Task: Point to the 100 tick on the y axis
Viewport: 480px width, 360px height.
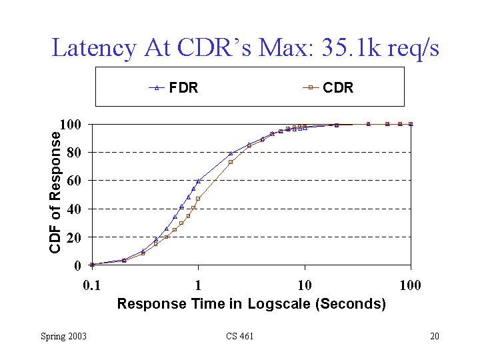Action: (x=71, y=124)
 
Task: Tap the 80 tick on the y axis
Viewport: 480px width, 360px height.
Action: (x=73, y=152)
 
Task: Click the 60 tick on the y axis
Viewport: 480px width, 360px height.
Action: (x=73, y=181)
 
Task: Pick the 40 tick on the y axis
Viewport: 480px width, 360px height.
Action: (x=73, y=209)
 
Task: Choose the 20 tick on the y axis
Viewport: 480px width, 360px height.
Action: (x=73, y=237)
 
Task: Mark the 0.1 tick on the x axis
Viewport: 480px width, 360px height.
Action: (x=91, y=285)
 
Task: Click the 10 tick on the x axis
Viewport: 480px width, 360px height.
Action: (x=305, y=285)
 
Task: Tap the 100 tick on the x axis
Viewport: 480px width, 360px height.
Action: (x=410, y=285)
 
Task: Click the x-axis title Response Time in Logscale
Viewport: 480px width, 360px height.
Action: (x=251, y=304)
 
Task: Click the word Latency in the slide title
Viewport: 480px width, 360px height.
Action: (x=93, y=48)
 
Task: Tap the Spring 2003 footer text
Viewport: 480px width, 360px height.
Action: (x=63, y=336)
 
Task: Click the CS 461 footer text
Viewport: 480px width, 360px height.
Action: (x=239, y=336)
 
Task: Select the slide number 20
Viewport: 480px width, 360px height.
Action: (x=434, y=336)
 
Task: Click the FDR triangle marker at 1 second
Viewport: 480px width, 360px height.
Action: (x=198, y=181)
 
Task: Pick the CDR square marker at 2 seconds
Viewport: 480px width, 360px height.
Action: (x=231, y=162)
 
